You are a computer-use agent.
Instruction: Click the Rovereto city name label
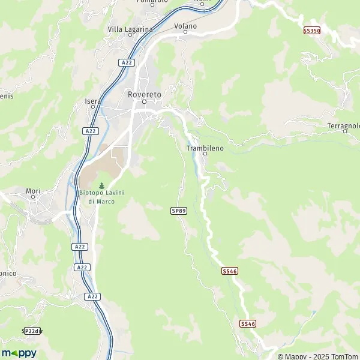144,94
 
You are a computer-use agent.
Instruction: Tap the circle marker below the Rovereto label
144,101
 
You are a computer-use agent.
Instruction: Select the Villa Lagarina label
130,29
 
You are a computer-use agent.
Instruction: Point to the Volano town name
185,26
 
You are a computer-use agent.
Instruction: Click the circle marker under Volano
185,34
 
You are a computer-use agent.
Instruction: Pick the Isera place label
92,101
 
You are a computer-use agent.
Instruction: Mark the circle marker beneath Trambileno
205,154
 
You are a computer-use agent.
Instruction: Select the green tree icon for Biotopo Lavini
101,185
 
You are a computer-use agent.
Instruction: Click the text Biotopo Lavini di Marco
101,197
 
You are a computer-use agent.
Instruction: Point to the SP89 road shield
178,211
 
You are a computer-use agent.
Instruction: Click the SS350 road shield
311,30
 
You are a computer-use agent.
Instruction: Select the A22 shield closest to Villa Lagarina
126,62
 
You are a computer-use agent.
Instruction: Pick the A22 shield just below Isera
89,131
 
